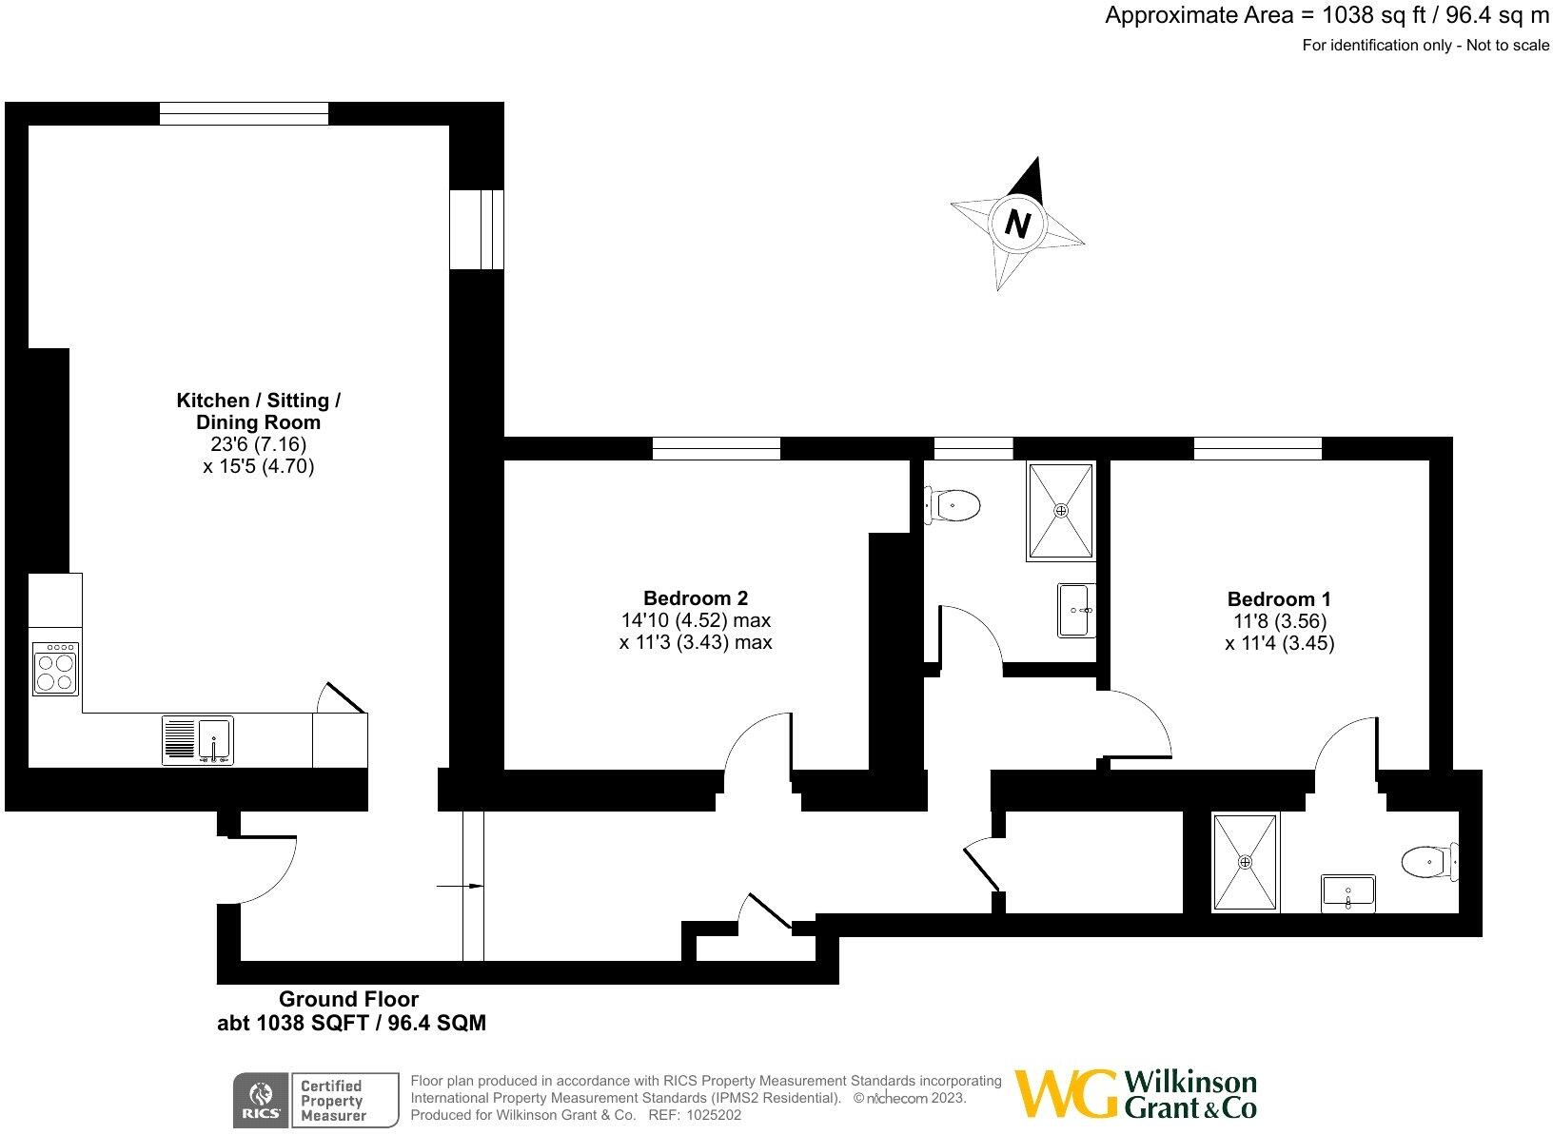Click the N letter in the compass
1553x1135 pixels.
1018,225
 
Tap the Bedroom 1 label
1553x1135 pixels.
1279,599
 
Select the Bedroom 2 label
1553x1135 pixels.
696,598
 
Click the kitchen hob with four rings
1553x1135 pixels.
55,669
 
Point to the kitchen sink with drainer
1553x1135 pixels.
198,740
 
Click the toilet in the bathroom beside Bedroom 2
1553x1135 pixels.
953,505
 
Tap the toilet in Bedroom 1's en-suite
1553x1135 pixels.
1429,863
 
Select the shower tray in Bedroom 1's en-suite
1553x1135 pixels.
1246,862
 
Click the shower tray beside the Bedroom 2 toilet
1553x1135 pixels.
1061,510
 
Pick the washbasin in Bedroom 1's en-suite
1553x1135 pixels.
1348,892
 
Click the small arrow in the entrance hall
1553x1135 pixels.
460,886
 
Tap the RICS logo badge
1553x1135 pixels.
261,1100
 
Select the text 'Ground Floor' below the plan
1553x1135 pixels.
348,999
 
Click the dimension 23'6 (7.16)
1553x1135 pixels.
258,444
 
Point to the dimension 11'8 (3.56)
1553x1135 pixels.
1279,621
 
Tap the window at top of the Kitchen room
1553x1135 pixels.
244,113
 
